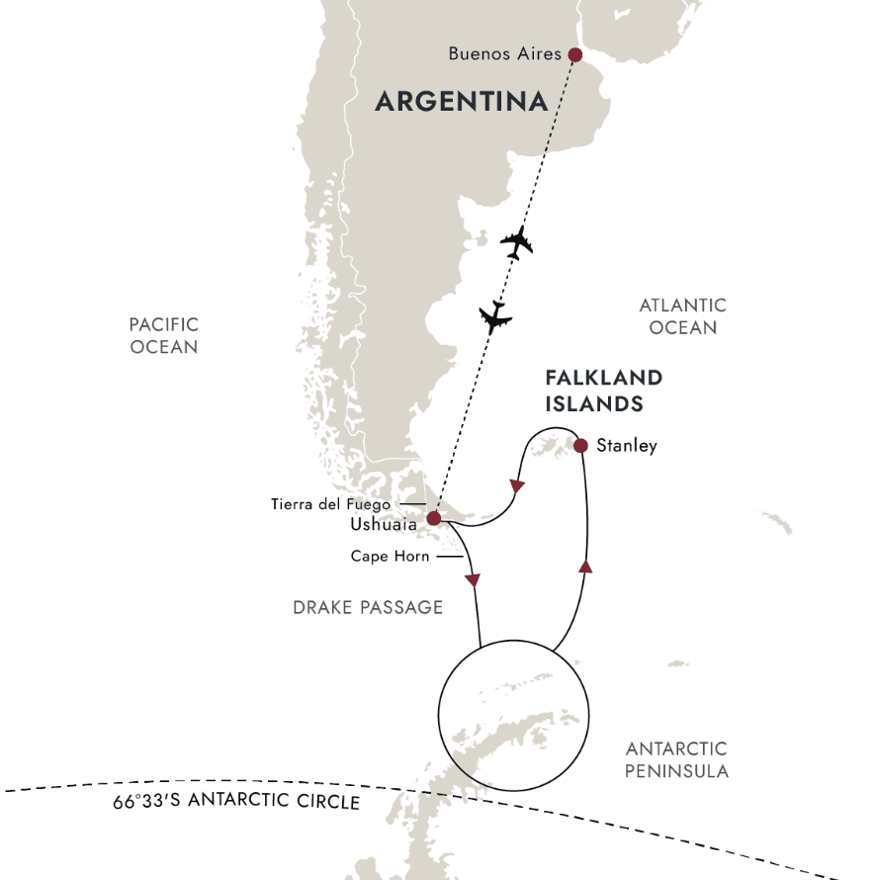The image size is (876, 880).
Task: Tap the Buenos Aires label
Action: (x=504, y=54)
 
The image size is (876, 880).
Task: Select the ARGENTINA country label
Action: (x=462, y=102)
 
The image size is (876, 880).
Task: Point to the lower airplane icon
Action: (x=495, y=316)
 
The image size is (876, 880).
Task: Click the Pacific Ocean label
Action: (x=163, y=335)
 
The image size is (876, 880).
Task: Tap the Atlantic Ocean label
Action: (x=682, y=316)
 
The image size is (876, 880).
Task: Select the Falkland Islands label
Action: (x=603, y=391)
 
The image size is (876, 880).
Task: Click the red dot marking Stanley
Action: (x=580, y=446)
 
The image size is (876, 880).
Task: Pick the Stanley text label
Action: (x=627, y=446)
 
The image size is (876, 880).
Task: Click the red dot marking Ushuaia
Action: (x=433, y=517)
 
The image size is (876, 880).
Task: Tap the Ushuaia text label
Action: (x=383, y=524)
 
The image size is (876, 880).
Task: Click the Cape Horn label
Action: (x=390, y=557)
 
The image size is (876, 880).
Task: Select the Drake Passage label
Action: (x=368, y=607)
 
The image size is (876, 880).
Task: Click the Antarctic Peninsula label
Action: (x=676, y=759)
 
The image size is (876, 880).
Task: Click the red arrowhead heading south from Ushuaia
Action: (x=473, y=579)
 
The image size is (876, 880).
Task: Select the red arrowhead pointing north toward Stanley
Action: (x=584, y=567)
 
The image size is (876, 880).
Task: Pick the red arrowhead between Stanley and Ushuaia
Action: (x=516, y=486)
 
